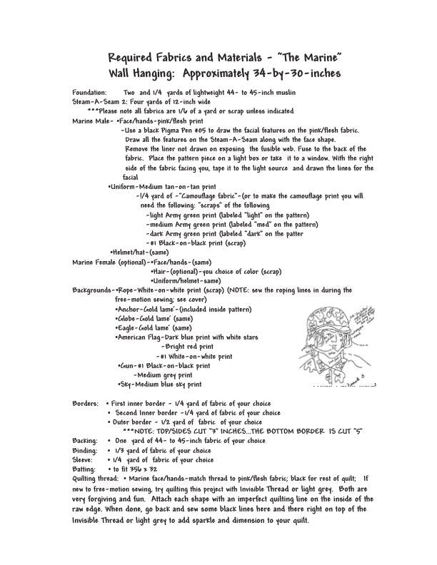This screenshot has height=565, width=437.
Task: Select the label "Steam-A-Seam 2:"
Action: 98,103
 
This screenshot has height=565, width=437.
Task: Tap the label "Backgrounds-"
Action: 93,290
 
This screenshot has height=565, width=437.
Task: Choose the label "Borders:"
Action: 86,403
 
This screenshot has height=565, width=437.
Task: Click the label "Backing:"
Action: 85,441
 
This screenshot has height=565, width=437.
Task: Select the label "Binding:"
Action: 85,450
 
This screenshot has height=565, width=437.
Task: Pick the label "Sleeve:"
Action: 84,459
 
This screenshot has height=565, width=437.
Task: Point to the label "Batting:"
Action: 85,469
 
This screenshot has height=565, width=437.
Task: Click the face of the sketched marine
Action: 335,345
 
